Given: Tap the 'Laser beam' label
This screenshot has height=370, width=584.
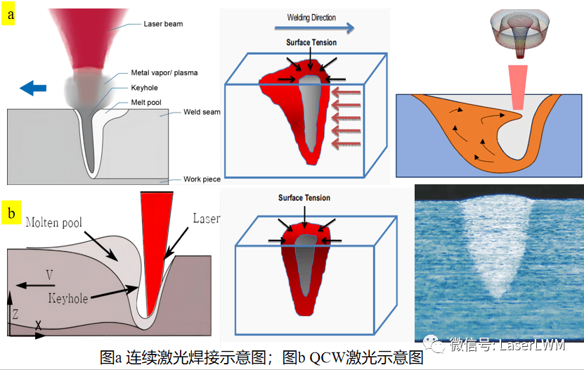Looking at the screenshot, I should pos(163,24).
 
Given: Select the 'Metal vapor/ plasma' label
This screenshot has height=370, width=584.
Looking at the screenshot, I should pos(164,72).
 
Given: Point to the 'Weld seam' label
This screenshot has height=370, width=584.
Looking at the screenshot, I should pos(202,112).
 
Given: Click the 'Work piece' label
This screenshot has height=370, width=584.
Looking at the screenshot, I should pos(202,179).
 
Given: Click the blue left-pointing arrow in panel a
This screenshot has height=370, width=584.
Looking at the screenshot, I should pos(33,87).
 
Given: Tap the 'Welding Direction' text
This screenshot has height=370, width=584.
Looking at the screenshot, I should pos(311,18).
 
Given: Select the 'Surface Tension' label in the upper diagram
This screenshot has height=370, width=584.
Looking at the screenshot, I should pos(311,43).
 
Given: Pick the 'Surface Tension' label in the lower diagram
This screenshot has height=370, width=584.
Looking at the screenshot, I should pos(304,198).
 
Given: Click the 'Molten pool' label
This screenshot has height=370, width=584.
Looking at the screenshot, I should pos(54,223).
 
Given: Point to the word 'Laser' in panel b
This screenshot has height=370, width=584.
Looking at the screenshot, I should pos(206,219).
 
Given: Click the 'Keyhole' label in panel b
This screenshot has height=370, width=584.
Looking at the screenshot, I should pos(68,298).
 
